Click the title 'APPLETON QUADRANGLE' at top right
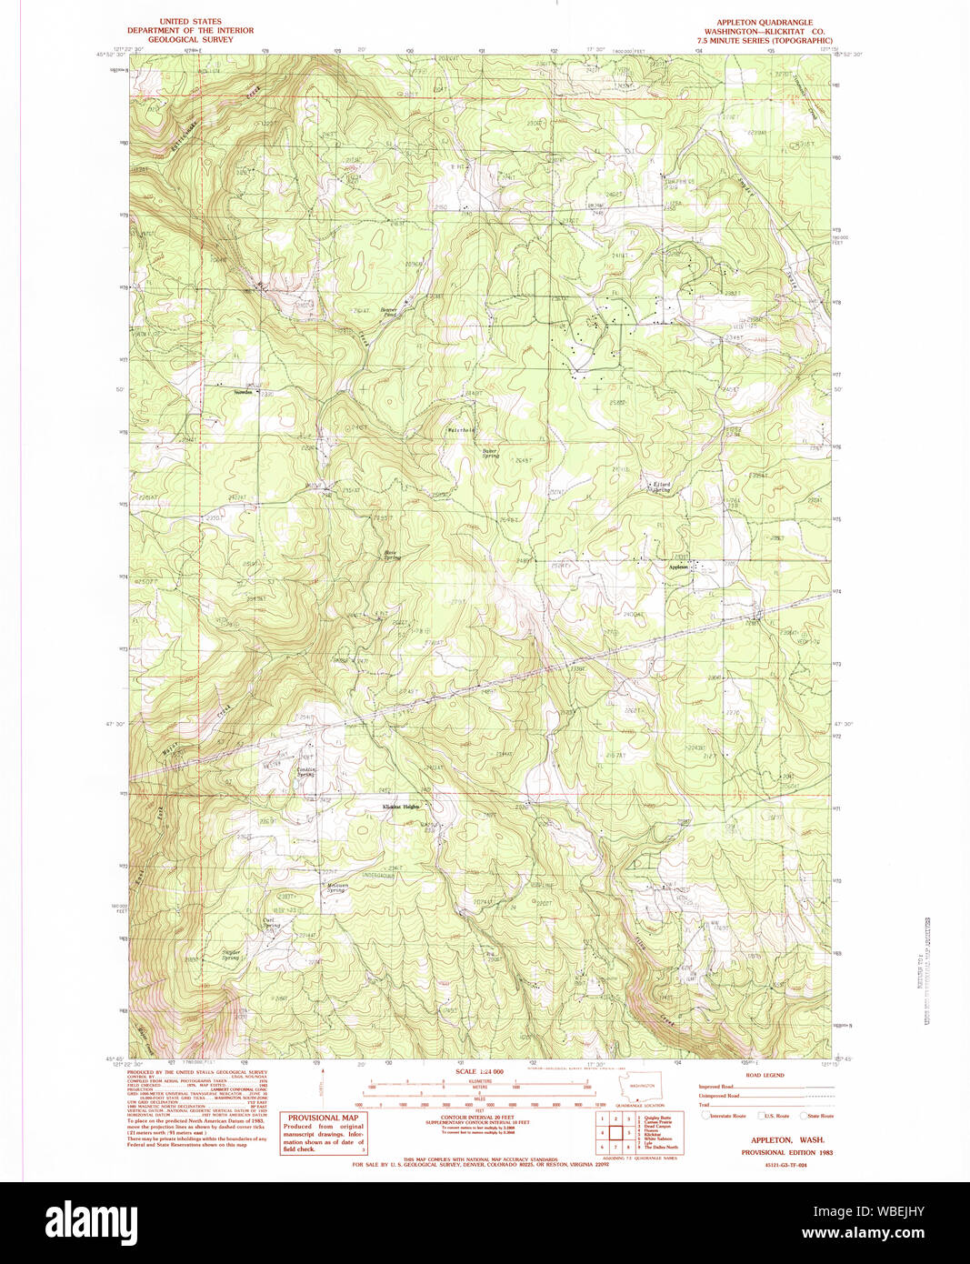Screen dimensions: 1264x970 pos(765,22)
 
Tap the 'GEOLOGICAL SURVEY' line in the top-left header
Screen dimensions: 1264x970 pos(190,40)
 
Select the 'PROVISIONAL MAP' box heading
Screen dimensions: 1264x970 pos(323,1118)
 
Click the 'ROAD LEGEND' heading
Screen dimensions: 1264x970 pos(765,1075)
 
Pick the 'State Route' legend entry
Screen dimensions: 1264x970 pos(819,1116)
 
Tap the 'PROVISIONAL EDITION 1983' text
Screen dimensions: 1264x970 pos(786,1152)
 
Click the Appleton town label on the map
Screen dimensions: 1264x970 pos(679,567)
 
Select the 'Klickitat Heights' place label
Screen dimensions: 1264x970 pos(401,807)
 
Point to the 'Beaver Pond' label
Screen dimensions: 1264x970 pos(389,312)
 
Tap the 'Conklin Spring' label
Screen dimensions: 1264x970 pos(306,772)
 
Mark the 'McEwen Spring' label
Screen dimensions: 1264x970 pos(336,888)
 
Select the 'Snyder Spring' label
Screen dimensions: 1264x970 pos(231,955)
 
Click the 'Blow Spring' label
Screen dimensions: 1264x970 pos(391,555)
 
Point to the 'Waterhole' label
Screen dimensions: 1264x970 pos(461,430)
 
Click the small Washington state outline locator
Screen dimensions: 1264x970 pos(641,1088)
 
